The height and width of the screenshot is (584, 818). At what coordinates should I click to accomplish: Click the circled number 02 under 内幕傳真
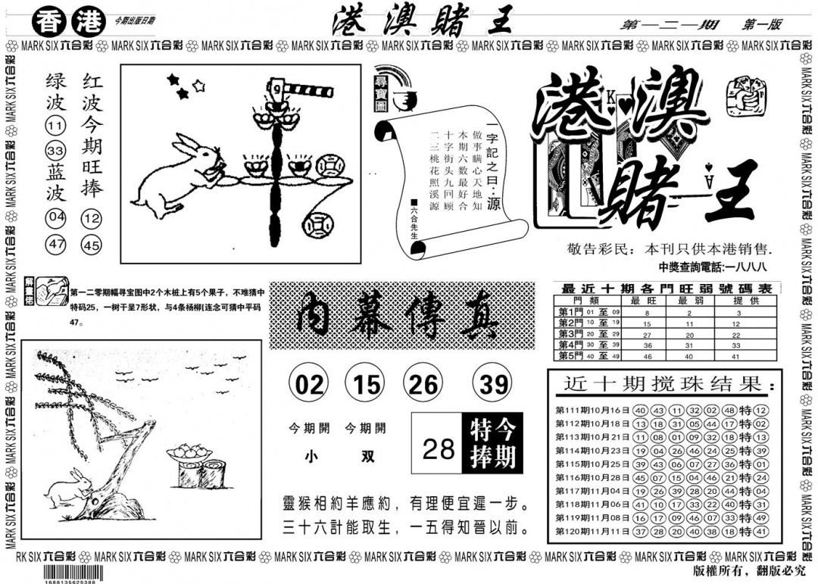[x=308, y=386]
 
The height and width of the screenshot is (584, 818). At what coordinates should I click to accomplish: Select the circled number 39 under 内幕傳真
[x=493, y=386]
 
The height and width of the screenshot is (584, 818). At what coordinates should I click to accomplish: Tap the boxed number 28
[x=437, y=448]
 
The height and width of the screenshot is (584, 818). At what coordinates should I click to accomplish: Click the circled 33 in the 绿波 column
[x=56, y=148]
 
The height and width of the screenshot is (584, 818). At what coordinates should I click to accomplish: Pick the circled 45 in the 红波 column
[x=92, y=245]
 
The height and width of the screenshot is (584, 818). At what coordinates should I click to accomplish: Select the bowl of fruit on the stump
[x=187, y=452]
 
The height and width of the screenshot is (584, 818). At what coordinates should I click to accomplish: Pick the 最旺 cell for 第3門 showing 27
[x=647, y=333]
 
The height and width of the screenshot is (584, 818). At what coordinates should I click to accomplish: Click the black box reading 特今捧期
[x=491, y=444]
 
